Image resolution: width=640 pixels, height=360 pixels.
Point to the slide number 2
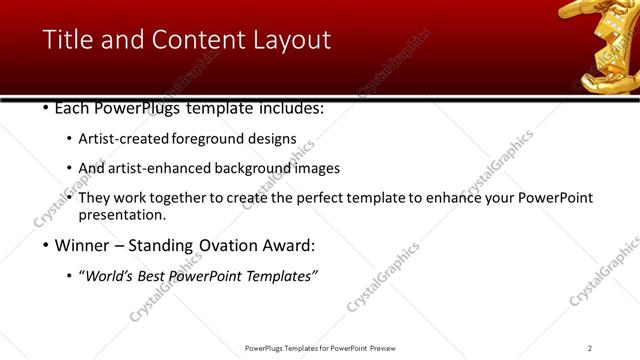pyautogui.click(x=590, y=348)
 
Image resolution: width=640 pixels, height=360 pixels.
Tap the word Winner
pyautogui.click(x=83, y=245)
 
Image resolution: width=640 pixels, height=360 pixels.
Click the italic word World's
pyautogui.click(x=111, y=275)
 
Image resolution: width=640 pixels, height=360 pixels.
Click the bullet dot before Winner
pyautogui.click(x=47, y=245)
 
